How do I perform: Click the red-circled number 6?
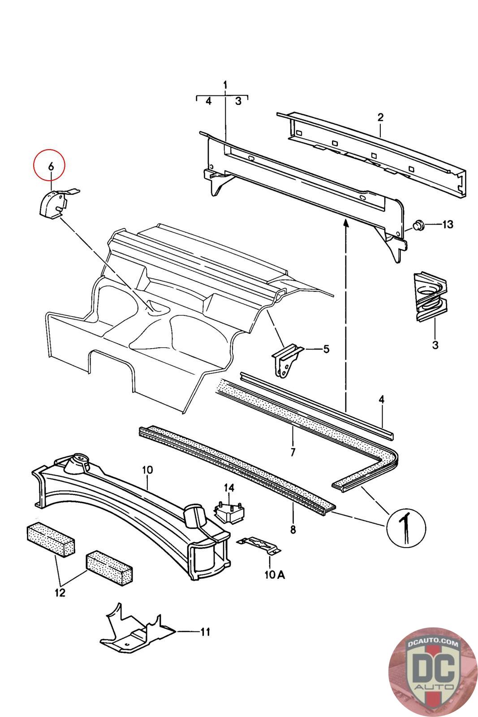click(x=51, y=166)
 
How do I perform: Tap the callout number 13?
click(x=448, y=224)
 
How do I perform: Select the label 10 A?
click(x=274, y=575)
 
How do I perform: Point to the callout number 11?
click(x=205, y=632)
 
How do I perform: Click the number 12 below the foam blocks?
click(x=60, y=593)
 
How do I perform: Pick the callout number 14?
click(x=229, y=488)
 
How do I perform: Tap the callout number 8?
click(x=293, y=530)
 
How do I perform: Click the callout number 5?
click(x=326, y=348)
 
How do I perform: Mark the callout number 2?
click(x=380, y=117)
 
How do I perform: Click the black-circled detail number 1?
click(x=406, y=527)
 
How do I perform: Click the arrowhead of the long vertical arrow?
click(x=346, y=223)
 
